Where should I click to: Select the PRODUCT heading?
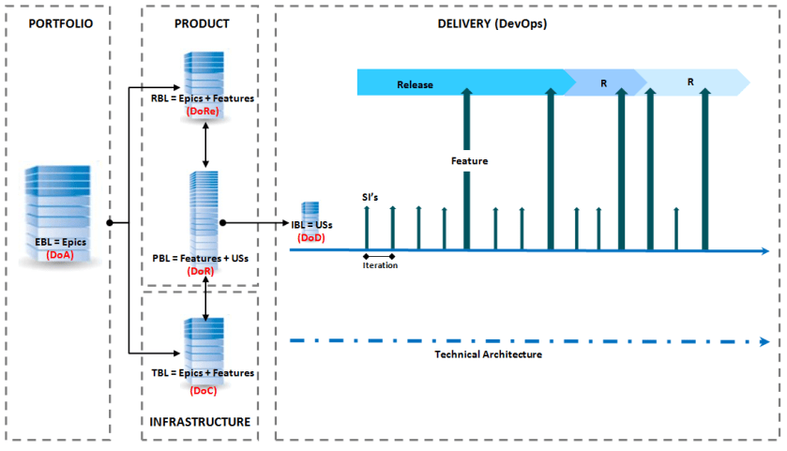pyautogui.click(x=202, y=23)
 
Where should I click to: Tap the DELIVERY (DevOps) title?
pyautogui.click(x=492, y=23)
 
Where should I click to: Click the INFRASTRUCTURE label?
pyautogui.click(x=201, y=422)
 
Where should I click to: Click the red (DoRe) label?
pyautogui.click(x=204, y=111)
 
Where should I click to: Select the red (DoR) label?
pyautogui.click(x=201, y=271)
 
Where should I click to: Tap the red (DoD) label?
pyautogui.click(x=310, y=238)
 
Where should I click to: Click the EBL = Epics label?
pyautogui.click(x=59, y=242)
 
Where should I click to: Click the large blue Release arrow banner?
pyautogui.click(x=460, y=83)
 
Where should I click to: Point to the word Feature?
pyautogui.click(x=469, y=161)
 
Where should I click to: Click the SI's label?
pyautogui.click(x=371, y=197)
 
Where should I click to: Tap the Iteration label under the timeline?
pyautogui.click(x=380, y=265)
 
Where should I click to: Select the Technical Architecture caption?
pyautogui.click(x=488, y=354)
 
